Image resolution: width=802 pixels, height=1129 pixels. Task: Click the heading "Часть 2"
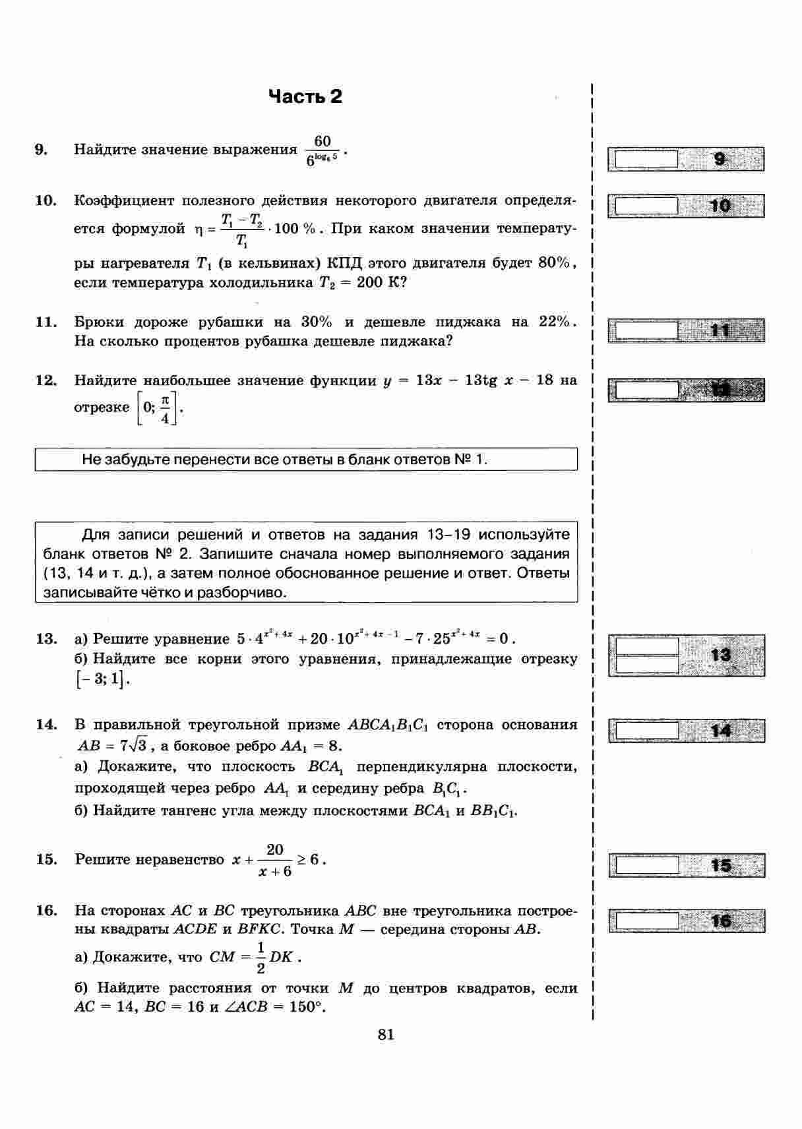(x=305, y=97)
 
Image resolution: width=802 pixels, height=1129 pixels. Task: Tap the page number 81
(x=386, y=1035)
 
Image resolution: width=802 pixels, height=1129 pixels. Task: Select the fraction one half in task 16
(x=261, y=958)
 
